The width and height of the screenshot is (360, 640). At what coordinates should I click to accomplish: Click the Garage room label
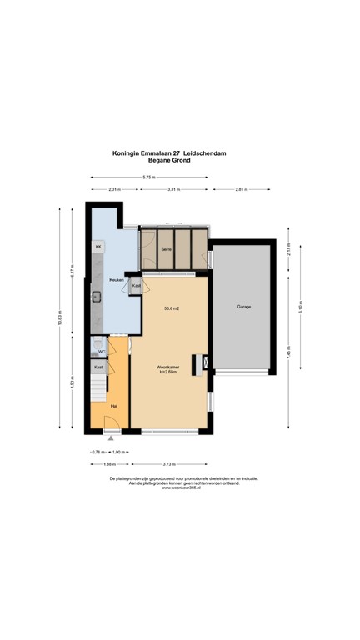point(244,307)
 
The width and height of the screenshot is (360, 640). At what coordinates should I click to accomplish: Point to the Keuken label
point(116,280)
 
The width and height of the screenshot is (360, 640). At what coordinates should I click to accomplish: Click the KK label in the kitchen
point(97,247)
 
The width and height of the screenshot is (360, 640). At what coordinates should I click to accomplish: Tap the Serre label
point(166,249)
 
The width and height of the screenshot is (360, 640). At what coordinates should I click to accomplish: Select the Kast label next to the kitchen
point(135,286)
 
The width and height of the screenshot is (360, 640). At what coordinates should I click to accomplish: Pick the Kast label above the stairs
point(98,367)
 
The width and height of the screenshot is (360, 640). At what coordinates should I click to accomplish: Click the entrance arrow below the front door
point(111,438)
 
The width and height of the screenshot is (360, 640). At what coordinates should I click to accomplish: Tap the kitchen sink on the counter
point(97,296)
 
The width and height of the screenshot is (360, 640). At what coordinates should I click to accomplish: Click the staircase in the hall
point(98,386)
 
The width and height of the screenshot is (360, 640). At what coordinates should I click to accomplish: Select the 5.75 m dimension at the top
point(148,177)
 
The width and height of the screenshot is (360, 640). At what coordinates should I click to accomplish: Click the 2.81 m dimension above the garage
point(241,190)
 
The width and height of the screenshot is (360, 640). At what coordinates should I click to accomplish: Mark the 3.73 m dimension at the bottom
point(169,463)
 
